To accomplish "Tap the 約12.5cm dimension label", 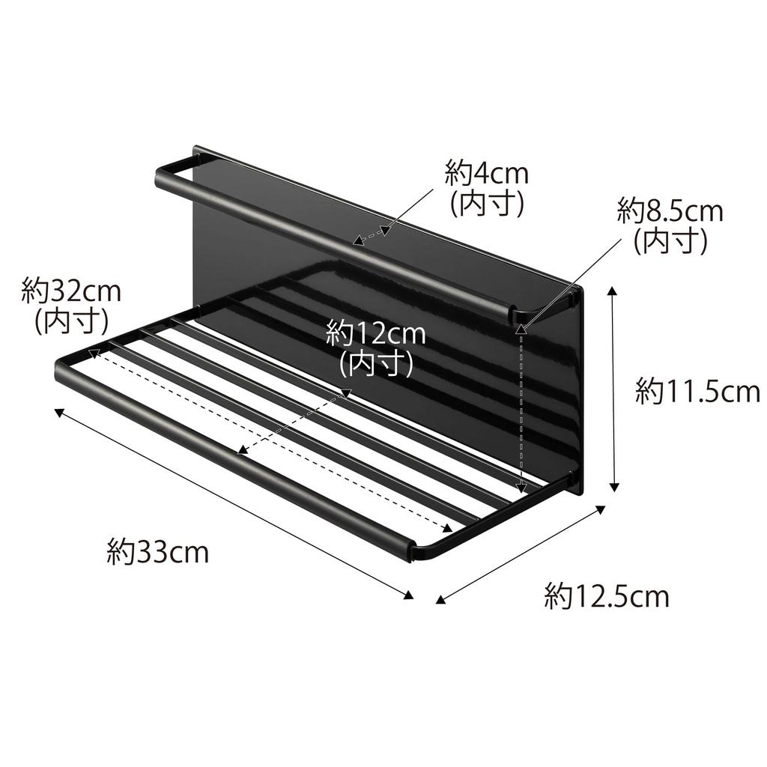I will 606,597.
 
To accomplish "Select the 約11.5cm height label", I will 697,391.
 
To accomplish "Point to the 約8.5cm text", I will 670,211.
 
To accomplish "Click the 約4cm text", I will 486,174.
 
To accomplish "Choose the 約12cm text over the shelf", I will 375,333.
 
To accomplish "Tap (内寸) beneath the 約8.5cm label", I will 670,241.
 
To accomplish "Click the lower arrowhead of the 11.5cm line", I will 615,488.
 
